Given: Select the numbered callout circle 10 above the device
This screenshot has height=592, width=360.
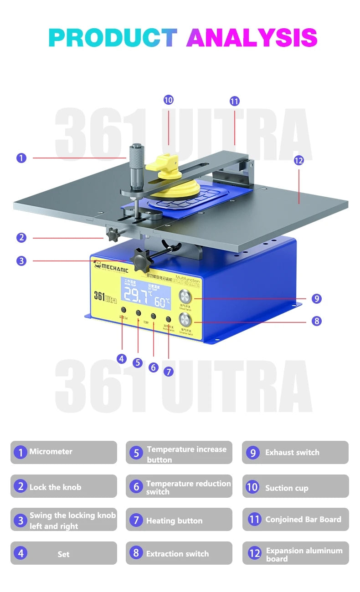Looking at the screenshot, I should (x=169, y=100).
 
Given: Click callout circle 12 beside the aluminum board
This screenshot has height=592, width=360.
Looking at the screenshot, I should (x=299, y=160).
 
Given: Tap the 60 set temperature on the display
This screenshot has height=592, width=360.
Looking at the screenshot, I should (x=161, y=301).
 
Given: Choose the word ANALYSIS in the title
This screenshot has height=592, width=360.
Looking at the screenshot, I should (x=252, y=38).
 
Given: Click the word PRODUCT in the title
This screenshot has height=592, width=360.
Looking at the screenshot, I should (x=113, y=38).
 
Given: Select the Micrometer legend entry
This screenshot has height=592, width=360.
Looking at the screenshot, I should (x=64, y=452).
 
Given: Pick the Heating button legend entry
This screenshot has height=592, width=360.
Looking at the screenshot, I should (x=179, y=520).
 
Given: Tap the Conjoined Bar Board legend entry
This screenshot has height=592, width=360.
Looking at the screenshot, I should (x=295, y=519).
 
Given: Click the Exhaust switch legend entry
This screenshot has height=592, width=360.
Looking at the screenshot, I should (x=295, y=453).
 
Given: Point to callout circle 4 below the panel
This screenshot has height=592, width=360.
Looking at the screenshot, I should (x=122, y=359).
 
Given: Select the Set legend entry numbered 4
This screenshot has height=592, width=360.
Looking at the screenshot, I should (x=64, y=553).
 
